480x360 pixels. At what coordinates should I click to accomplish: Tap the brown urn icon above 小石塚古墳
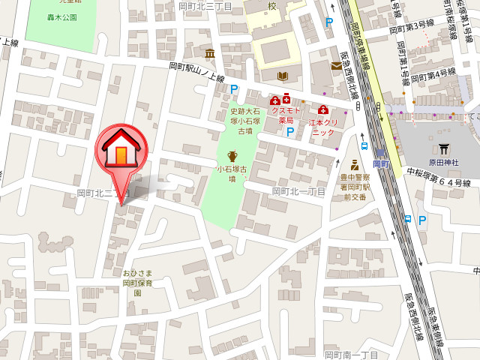pyautogui.click(x=232, y=155)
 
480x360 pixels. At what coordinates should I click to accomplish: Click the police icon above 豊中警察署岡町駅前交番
pyautogui.click(x=353, y=164)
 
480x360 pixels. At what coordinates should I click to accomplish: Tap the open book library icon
pyautogui.click(x=283, y=76)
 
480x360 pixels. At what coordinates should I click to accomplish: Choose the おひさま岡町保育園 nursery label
pyautogui.click(x=137, y=283)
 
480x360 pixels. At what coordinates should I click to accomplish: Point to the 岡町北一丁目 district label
pyautogui.click(x=298, y=192)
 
